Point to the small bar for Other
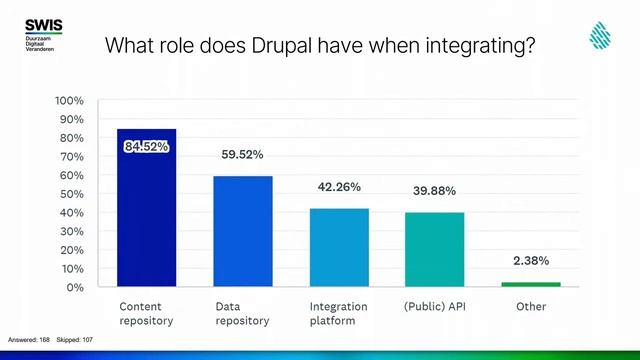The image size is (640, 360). pos(531,284)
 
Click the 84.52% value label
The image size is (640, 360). pos(146,147)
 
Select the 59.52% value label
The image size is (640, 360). pos(242,155)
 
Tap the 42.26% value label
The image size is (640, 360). pos(339,187)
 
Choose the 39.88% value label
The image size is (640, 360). pos(434,191)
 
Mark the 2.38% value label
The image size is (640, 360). pos(531,261)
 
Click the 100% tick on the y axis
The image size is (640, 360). pos(68,101)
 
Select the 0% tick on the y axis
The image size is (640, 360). pos(75,288)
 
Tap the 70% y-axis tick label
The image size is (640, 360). pos(71,157)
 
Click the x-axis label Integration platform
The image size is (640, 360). pos(338,314)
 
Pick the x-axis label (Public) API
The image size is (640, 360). pos(434,307)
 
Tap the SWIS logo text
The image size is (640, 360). pos(43,23)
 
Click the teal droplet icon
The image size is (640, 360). pos(600,36)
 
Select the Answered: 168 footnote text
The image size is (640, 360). pos(28,340)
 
